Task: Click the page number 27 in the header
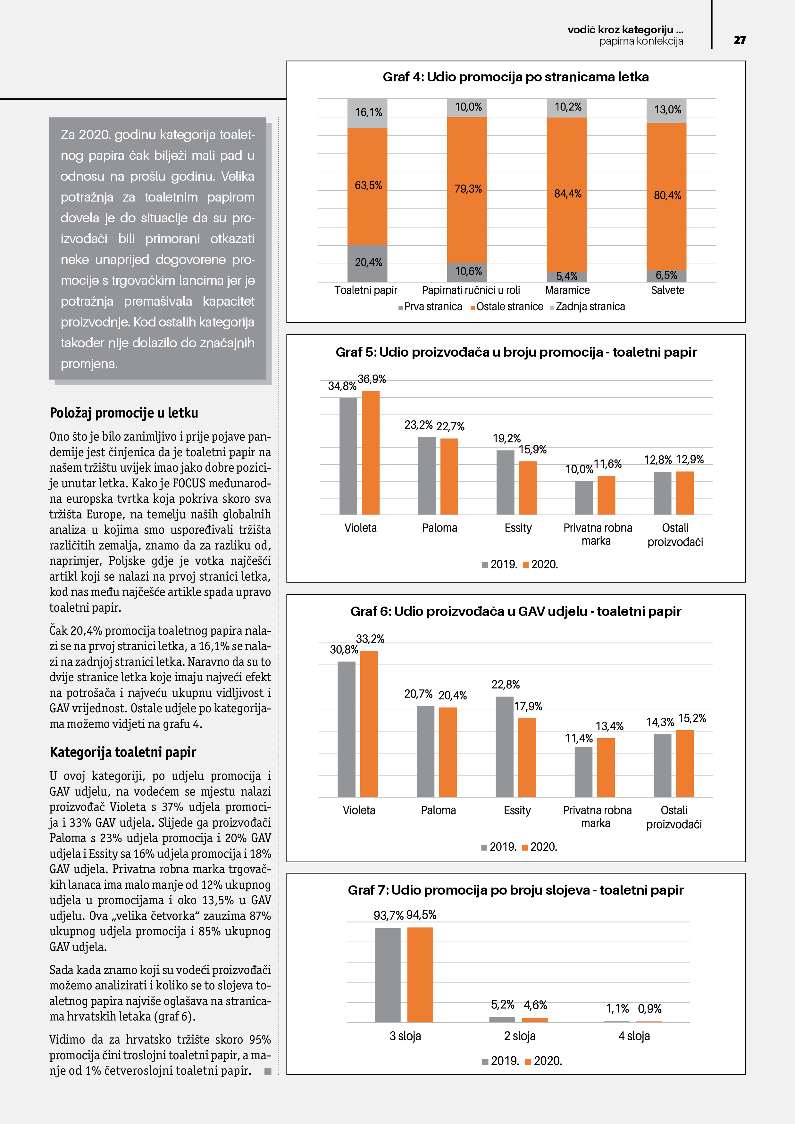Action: [x=739, y=40]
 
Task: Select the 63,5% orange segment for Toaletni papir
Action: [x=367, y=186]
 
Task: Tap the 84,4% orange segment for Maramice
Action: [x=567, y=194]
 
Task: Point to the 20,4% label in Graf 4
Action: [x=368, y=262]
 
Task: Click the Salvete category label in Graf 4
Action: [x=667, y=290]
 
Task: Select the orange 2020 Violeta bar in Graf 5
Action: [x=370, y=453]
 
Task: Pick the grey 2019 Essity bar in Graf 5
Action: [x=505, y=482]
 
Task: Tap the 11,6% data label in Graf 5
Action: [x=607, y=464]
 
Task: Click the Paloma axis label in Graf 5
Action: [x=439, y=528]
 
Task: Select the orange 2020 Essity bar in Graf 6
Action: [x=527, y=757]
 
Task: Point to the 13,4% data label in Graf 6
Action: [x=609, y=726]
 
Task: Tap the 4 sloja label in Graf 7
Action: [x=634, y=1036]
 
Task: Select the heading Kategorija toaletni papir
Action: [x=123, y=752]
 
